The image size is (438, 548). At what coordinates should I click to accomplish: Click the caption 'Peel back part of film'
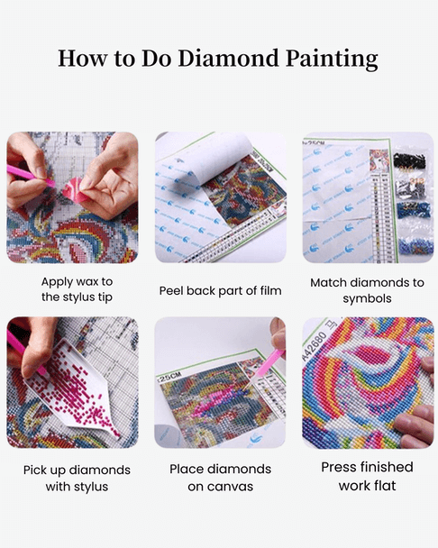pyautogui.click(x=220, y=291)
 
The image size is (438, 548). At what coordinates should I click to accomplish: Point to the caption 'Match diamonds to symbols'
pyautogui.click(x=367, y=290)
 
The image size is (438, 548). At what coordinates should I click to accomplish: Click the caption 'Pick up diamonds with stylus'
pyautogui.click(x=77, y=479)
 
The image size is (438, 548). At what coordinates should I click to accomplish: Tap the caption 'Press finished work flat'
pyautogui.click(x=367, y=477)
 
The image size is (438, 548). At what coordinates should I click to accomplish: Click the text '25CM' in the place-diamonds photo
pyautogui.click(x=168, y=379)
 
